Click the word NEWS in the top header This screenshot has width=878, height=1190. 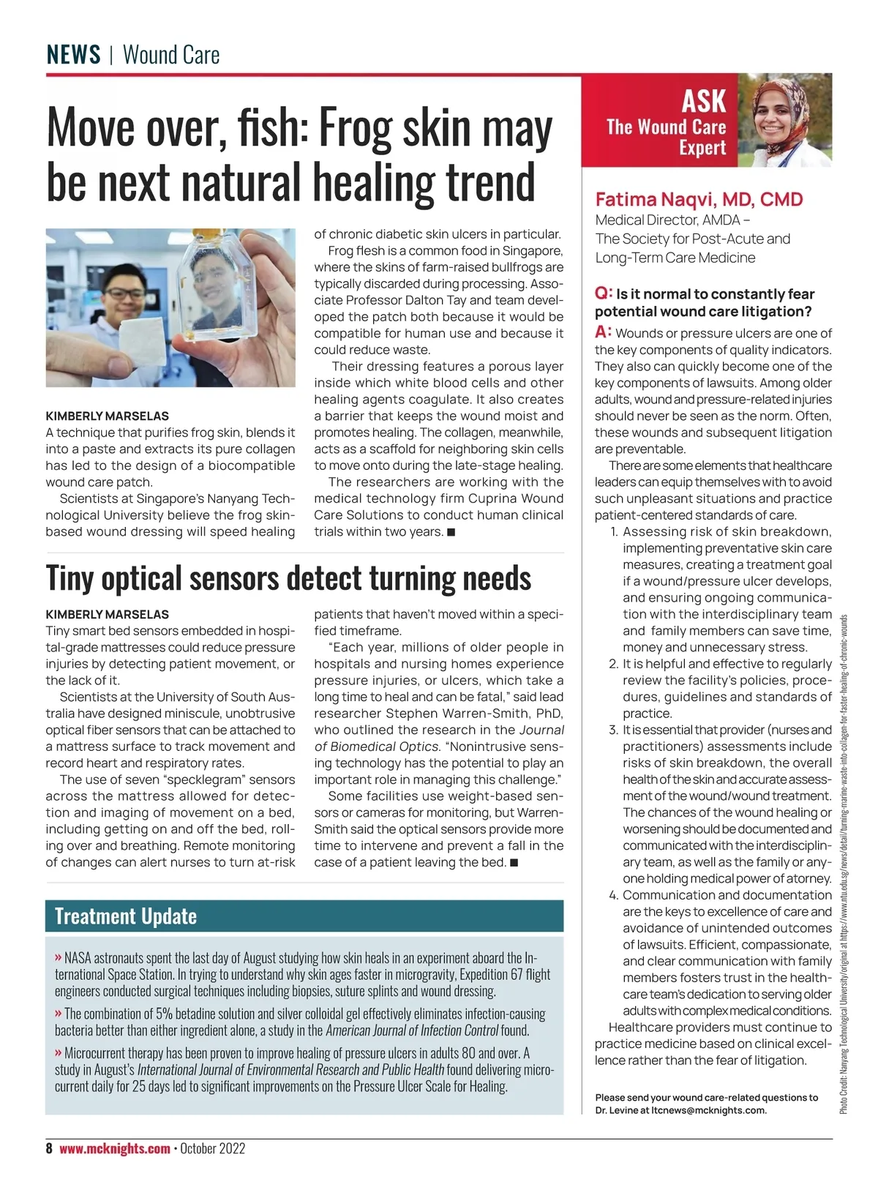pos(73,55)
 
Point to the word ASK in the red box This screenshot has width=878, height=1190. pos(703,101)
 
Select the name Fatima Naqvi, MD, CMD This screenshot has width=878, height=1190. pos(699,200)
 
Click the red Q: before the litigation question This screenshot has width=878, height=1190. pos(604,293)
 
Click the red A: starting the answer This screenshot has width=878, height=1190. pos(603,333)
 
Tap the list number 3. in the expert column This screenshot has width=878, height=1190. pos(613,730)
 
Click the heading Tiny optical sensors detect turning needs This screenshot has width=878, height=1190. pos(288,578)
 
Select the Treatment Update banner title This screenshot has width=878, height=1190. pos(126,916)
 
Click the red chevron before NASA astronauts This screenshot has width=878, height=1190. pos(58,958)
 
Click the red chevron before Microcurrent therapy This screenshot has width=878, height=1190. pos(58,1053)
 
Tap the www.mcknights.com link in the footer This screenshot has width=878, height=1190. pos(115,1148)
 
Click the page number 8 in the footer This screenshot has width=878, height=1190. pos(49,1148)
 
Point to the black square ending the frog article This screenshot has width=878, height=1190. pos(451,532)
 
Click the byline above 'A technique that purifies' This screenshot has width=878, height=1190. pos(107,416)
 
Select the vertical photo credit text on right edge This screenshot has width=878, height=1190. pos(844,864)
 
